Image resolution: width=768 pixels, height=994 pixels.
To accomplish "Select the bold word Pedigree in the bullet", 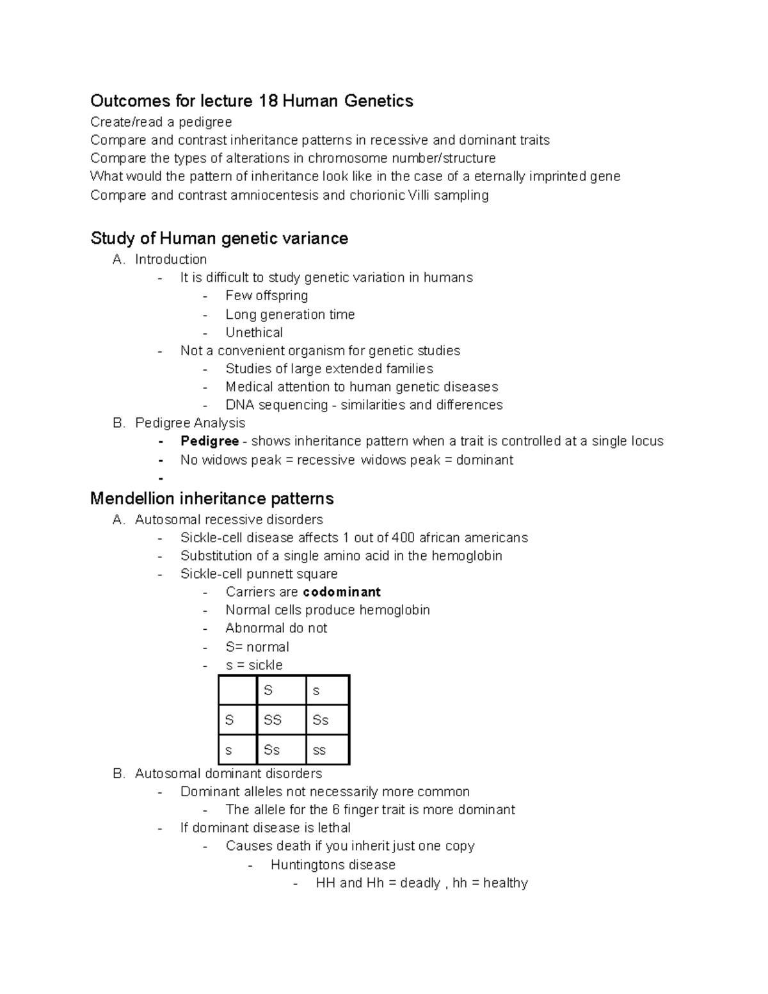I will [x=209, y=441].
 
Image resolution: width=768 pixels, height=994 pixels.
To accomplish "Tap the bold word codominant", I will [x=342, y=592].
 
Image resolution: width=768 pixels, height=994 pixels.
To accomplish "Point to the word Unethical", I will [x=254, y=333].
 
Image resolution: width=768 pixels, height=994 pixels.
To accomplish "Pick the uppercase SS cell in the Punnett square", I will [x=273, y=720].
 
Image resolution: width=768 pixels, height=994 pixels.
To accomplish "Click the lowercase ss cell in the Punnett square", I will [x=319, y=750].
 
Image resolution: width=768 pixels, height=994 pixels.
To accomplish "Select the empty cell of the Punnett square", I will [x=237, y=690].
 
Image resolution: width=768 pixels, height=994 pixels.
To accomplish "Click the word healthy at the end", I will [x=506, y=883].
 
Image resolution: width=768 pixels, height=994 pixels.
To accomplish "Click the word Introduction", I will [x=171, y=259].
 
